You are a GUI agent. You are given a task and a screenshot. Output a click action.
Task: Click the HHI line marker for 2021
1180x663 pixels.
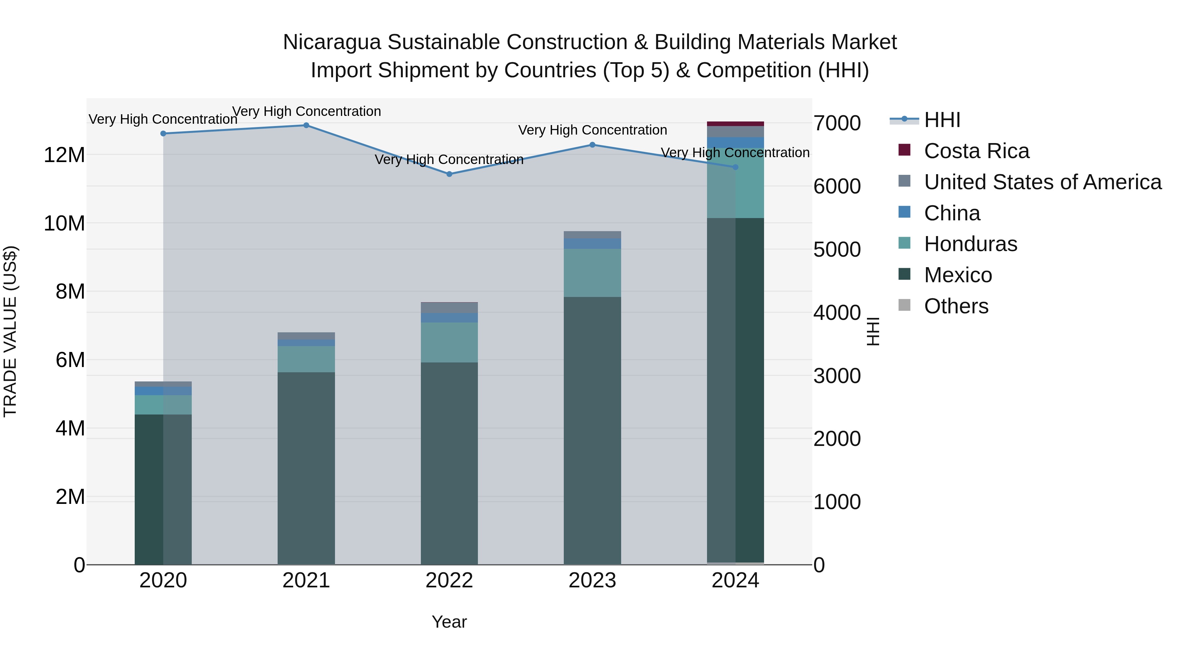click(x=306, y=125)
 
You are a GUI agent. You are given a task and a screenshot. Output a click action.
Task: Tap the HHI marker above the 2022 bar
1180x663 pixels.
click(x=449, y=174)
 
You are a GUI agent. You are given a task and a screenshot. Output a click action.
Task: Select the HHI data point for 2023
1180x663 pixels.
click(x=592, y=145)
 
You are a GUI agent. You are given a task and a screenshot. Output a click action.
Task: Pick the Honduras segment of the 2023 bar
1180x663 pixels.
click(x=592, y=273)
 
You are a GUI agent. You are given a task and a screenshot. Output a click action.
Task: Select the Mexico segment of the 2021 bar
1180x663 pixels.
click(x=306, y=467)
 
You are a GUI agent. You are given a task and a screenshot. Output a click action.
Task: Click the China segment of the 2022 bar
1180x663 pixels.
click(x=449, y=318)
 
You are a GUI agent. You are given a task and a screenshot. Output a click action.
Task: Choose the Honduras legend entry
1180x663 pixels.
click(x=970, y=244)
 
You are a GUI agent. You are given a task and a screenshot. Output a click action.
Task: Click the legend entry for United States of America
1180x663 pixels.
click(x=1042, y=182)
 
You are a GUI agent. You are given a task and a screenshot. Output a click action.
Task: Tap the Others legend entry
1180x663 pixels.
click(x=956, y=306)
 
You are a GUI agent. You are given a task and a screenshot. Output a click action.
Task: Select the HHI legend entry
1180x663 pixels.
click(x=942, y=120)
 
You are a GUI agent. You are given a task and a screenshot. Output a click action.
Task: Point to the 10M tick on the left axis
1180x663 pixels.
click(x=64, y=224)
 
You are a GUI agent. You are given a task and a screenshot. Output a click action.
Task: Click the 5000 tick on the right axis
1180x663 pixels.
click(x=837, y=250)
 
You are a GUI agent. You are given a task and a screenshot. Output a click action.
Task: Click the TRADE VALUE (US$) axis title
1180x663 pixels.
click(x=10, y=331)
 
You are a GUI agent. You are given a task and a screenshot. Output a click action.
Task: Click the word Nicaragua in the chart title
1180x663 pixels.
click(x=332, y=42)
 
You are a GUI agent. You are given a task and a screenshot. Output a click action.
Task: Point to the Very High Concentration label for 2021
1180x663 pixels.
click(x=306, y=112)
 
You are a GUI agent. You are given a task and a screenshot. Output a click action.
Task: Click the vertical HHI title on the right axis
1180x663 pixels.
click(x=873, y=331)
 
